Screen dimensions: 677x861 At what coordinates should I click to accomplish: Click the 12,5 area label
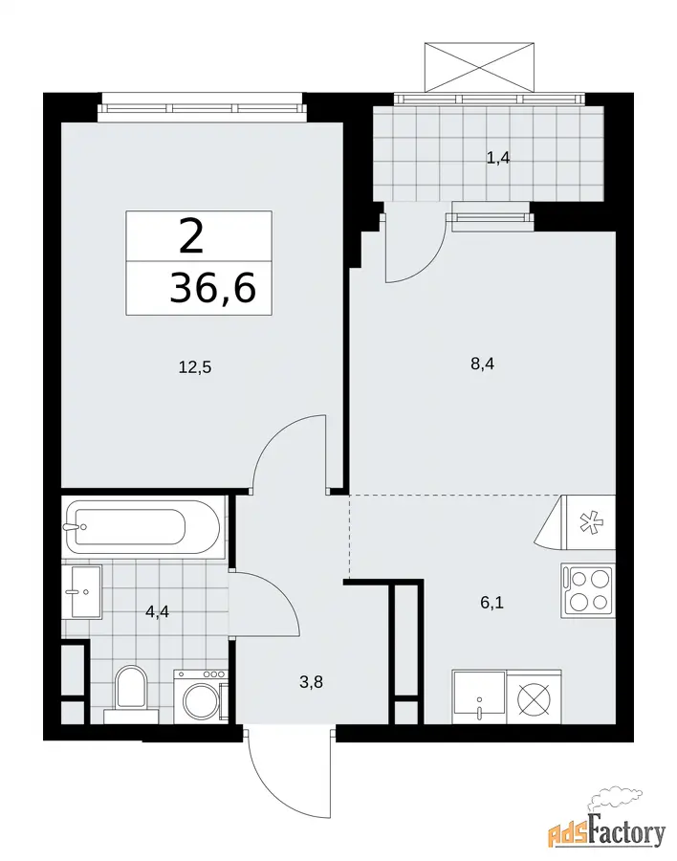point(195,366)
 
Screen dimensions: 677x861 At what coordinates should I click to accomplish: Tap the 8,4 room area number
point(482,364)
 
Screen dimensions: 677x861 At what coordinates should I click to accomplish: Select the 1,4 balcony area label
point(498,158)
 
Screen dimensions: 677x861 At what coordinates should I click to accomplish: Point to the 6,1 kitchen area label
point(491,603)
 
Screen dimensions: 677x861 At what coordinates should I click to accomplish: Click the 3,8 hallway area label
point(311,682)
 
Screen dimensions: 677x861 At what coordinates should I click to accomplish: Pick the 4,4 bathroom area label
point(157,611)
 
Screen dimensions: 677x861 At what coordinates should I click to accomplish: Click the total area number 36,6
point(213,288)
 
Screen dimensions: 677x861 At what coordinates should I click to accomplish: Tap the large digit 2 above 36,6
point(191,236)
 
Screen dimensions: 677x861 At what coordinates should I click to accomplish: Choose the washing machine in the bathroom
point(201,696)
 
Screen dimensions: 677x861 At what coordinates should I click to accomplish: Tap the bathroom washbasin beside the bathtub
point(82,592)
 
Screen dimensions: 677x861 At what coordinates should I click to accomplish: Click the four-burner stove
point(587,590)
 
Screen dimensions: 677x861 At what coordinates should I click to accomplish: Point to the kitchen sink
point(479,696)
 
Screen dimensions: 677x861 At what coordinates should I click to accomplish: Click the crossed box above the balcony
point(479,66)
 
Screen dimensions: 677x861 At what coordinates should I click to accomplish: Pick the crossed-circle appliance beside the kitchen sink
point(534,697)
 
